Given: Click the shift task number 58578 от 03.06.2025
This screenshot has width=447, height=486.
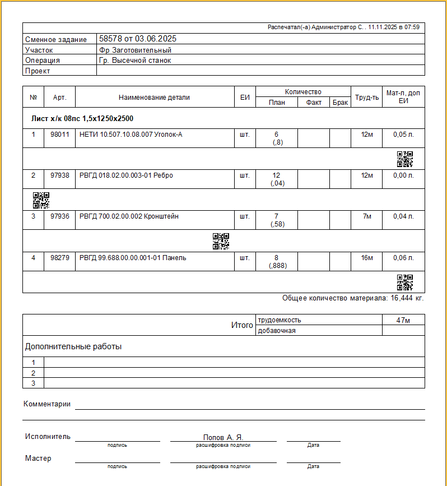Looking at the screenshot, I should coord(138,39).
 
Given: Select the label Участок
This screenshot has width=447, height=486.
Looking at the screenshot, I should coord(39,50).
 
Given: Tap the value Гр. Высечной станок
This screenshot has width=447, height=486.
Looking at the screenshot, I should coord(135,61).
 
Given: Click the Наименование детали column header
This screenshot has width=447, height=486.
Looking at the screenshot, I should coord(154,98).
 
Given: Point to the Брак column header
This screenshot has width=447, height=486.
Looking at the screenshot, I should coord(340,103).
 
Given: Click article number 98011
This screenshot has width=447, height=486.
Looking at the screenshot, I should coord(60,135).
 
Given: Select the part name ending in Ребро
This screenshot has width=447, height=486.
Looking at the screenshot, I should coord(127,175).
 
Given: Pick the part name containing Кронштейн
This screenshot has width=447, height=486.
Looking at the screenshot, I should coord(129,216).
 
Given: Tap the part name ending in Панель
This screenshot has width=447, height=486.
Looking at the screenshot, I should coord(133,258).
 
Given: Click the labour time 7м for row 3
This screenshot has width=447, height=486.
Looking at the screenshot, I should coord(367,216).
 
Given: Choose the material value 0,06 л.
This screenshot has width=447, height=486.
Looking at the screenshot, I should coord(403,258).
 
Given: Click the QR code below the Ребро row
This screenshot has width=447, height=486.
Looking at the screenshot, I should coord(41,200).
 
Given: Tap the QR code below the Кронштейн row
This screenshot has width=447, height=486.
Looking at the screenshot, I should coord(221,241).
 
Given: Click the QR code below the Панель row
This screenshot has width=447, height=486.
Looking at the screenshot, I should coord(405,283).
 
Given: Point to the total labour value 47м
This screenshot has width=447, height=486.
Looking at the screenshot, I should coord(403,320).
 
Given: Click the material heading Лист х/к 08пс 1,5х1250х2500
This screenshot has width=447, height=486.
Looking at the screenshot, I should coord(82,119).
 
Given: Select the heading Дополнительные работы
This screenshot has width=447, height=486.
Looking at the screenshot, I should coord(73,347).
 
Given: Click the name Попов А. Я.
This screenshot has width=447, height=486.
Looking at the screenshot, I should coord(223,437).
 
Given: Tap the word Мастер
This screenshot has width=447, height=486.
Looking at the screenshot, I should coord(38,459).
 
